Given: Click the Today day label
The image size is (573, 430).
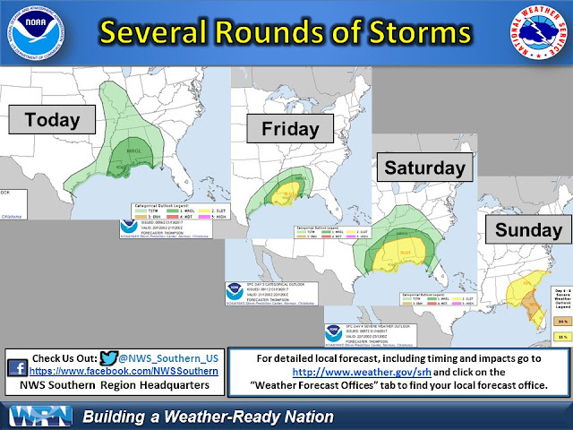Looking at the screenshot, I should [x=52, y=119].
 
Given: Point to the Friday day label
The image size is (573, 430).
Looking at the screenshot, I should [x=290, y=129].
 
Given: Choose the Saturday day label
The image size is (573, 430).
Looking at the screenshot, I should [x=424, y=167].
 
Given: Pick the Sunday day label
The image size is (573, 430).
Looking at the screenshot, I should [x=528, y=230].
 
